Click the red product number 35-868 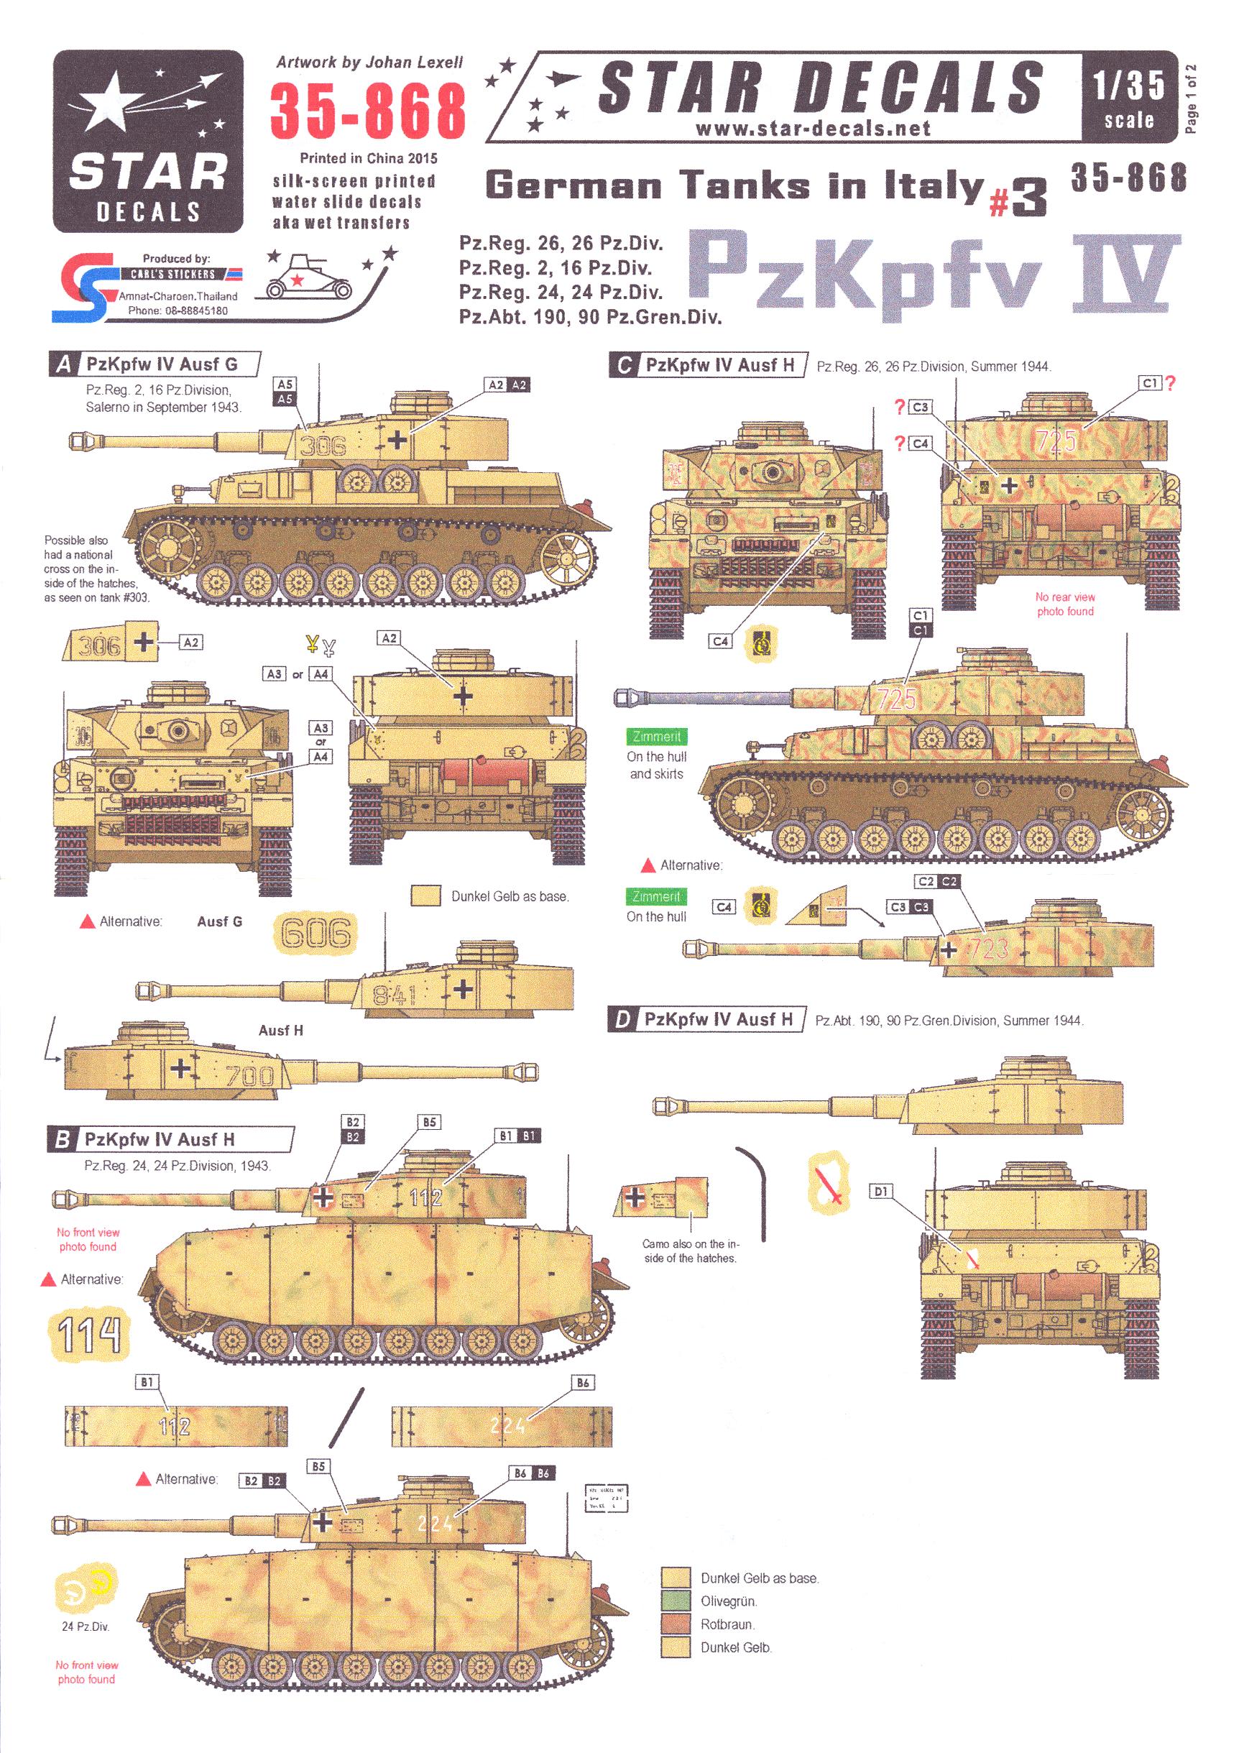coord(367,112)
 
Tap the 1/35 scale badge coord(1128,97)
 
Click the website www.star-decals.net coord(813,129)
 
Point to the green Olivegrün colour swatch coord(676,1601)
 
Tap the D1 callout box coord(881,1192)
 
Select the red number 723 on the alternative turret coord(988,949)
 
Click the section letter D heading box coord(622,1020)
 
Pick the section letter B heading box coord(62,1140)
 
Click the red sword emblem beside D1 coord(829,1183)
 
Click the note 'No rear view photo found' coord(1064,604)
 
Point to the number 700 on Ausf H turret coord(249,1076)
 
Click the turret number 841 coord(394,995)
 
